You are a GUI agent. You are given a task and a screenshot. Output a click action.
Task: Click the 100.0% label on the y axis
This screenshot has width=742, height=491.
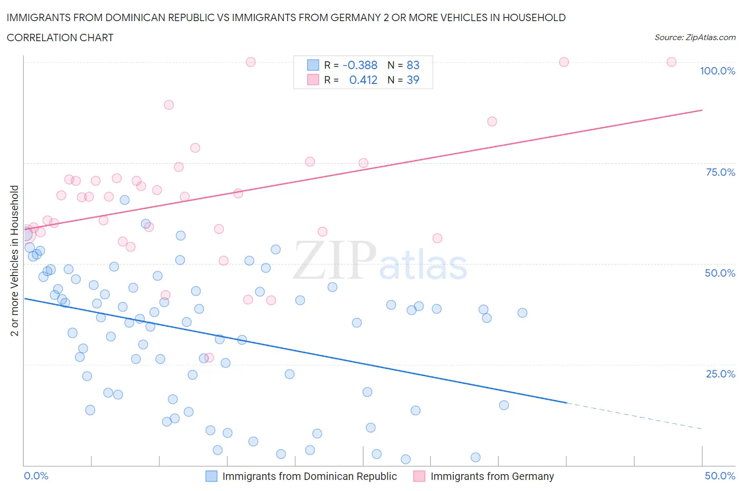click(x=717, y=71)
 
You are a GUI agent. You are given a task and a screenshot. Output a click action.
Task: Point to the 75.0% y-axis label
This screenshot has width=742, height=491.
click(x=720, y=172)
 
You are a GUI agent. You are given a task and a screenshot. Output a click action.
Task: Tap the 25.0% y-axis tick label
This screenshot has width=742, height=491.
click(x=720, y=374)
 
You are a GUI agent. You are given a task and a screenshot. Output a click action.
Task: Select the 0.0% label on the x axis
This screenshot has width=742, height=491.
click(x=36, y=476)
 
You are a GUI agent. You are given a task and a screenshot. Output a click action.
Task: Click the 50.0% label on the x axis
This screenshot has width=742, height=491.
click(x=719, y=476)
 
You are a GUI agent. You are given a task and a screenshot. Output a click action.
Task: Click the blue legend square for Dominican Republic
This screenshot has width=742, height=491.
click(x=211, y=476)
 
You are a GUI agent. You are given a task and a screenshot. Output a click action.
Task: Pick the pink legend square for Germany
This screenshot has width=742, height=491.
click(x=419, y=476)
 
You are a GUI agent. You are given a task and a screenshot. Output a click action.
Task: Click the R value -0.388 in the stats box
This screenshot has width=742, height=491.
click(x=360, y=65)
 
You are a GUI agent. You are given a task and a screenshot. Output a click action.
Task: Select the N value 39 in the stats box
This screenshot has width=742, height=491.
click(x=413, y=80)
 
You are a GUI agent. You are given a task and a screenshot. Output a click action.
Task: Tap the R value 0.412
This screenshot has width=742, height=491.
click(x=363, y=80)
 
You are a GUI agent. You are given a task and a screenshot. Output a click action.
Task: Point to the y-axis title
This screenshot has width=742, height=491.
click(x=15, y=260)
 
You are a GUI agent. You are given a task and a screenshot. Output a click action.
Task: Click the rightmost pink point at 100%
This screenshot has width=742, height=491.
click(x=671, y=62)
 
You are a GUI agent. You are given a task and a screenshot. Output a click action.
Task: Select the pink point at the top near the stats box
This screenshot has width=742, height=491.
click(x=251, y=62)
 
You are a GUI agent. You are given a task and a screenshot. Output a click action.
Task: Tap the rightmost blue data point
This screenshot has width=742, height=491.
click(x=522, y=313)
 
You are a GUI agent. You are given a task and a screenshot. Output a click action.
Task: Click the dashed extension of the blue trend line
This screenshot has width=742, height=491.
click(x=633, y=416)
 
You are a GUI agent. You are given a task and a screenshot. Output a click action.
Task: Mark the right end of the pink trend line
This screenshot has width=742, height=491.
click(x=701, y=110)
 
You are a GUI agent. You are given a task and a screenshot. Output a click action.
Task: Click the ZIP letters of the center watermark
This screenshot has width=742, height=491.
click(x=335, y=260)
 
